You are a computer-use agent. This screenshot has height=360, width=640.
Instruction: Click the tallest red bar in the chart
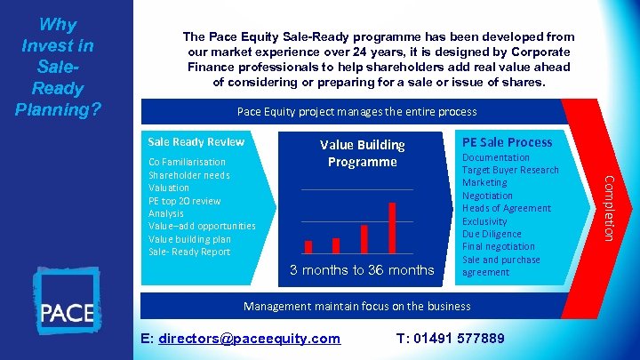[x=392, y=228]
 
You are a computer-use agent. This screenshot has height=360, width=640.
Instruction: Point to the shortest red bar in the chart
[x=308, y=247]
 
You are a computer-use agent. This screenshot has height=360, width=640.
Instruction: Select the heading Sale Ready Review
[x=196, y=142]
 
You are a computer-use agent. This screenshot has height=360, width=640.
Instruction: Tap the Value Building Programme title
[x=362, y=153]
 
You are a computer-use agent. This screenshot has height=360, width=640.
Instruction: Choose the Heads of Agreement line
[x=507, y=208]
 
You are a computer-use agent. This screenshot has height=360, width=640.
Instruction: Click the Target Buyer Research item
[x=510, y=170]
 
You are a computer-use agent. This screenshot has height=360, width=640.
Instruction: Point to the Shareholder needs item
[x=189, y=175]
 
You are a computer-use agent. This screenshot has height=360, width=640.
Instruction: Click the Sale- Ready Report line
[x=189, y=252]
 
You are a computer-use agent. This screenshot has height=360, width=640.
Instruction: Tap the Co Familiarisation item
[x=187, y=162]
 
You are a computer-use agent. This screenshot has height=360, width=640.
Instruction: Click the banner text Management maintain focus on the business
[x=356, y=307]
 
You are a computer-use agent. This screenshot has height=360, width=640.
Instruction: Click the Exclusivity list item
[x=484, y=221]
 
